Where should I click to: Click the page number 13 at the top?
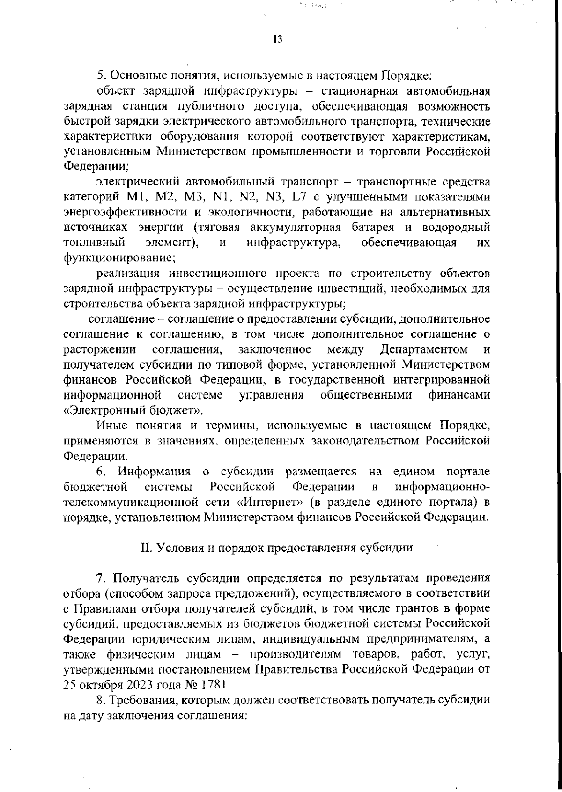coord(277,40)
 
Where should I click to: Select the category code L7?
coord(299,197)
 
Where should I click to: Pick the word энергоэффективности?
coord(125,213)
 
